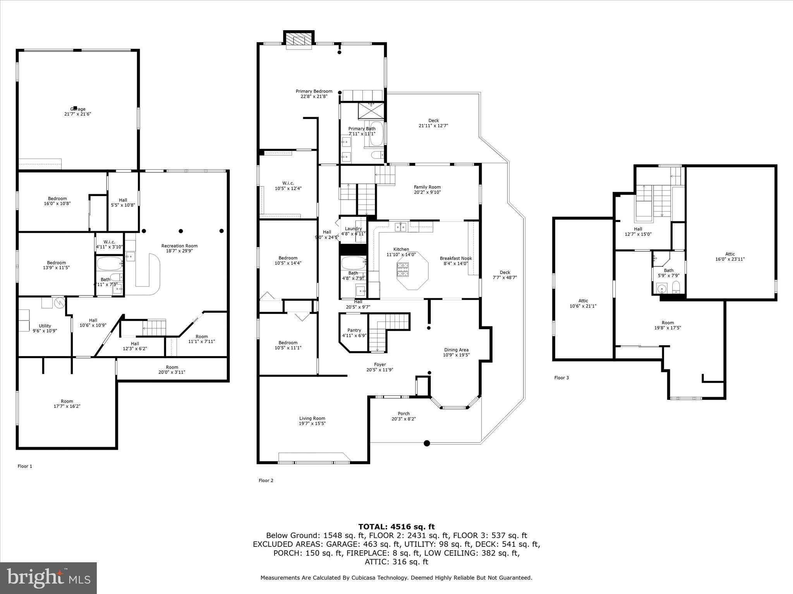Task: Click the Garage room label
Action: click(77, 109)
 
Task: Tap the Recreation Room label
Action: click(179, 246)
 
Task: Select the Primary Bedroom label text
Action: click(314, 92)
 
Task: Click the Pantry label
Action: click(354, 330)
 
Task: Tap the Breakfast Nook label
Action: click(456, 258)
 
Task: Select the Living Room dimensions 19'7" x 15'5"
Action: click(312, 423)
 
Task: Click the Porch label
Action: click(403, 413)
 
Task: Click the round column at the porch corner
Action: click(427, 443)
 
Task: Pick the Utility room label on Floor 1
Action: click(45, 326)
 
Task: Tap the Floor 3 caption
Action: click(561, 378)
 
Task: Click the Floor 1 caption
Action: click(25, 466)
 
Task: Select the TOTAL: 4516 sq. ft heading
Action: click(396, 527)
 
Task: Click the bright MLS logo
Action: click(48, 578)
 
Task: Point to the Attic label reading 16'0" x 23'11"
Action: click(730, 259)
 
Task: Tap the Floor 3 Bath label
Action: click(668, 270)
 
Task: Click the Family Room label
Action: click(427, 187)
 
